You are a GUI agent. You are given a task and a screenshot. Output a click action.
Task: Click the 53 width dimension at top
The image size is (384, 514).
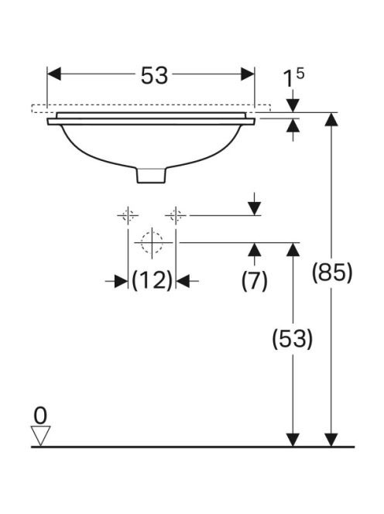tap(154, 76)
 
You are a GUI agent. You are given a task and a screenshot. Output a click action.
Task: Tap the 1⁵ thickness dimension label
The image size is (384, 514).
tap(293, 79)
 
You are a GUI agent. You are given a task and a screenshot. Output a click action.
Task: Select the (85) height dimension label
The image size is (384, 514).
tap(332, 272)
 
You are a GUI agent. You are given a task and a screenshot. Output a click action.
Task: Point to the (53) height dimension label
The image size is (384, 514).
tap(293, 338)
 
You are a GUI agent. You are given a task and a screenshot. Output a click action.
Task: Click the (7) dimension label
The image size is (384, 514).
tap(255, 281)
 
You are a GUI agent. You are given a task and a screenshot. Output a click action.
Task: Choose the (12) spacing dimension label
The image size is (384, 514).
tap(152, 280)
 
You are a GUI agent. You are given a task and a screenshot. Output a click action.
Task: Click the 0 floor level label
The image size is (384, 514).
tap(40, 416)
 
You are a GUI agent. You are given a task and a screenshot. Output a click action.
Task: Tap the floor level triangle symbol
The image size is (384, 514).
tap(40, 436)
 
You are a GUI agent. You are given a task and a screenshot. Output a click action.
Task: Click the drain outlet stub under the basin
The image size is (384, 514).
tap(151, 175)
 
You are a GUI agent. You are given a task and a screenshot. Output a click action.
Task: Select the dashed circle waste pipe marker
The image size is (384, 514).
tap(152, 242)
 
